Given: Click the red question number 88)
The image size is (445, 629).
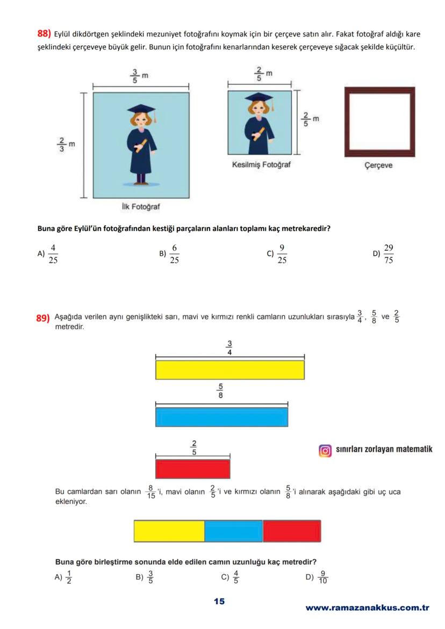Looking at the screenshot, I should (44, 34).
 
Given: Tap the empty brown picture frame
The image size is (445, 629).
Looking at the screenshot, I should (379, 122).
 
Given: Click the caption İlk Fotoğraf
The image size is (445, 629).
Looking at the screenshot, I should (141, 206).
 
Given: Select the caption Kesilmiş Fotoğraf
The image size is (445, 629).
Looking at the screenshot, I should (261, 165).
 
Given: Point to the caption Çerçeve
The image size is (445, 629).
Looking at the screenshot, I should (378, 165).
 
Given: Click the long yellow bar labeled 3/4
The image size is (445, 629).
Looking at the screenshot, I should (230, 370).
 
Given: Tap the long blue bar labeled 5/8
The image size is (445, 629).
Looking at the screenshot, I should (221, 417).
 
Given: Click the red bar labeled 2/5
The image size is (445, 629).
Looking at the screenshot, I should (192, 468).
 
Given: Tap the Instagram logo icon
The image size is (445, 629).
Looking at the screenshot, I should (325, 451).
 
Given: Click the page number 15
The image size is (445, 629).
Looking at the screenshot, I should (219, 602).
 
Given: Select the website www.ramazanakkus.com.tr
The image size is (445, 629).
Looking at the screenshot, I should (367, 608).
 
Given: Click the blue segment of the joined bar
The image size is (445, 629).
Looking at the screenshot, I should (234, 531).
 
